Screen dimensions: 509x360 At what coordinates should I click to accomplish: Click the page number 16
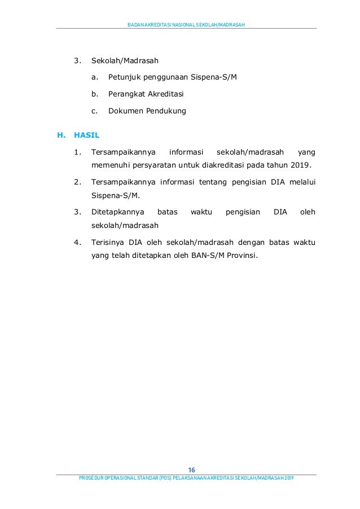[x=191, y=470]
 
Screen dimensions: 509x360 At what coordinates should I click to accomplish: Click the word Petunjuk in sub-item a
[x=123, y=77]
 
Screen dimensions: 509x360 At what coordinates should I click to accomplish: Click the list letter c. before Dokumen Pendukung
[x=94, y=111]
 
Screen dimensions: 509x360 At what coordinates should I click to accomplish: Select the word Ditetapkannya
[x=117, y=212]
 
